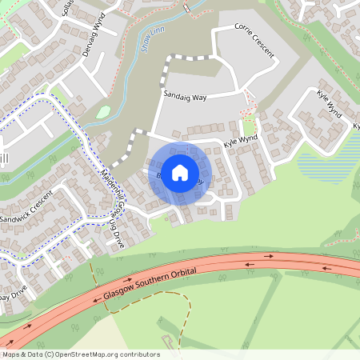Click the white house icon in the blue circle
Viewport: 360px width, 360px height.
pyautogui.click(x=180, y=172)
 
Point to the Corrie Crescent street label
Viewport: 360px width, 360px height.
pyautogui.click(x=254, y=46)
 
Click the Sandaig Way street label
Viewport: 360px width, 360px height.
pyautogui.click(x=185, y=97)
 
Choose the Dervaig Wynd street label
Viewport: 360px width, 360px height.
pyautogui.click(x=94, y=36)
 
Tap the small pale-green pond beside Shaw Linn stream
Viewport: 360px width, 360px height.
pyautogui.click(x=103, y=113)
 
